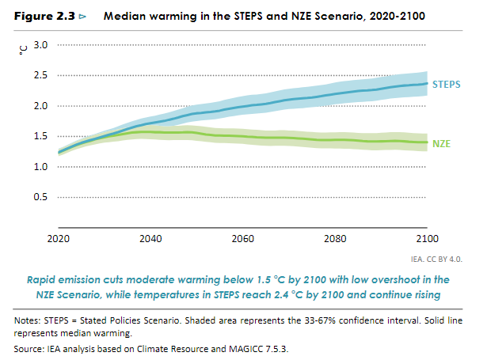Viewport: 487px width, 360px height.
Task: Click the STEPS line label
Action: tap(447, 83)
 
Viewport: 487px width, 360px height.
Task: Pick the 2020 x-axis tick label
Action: tap(58, 237)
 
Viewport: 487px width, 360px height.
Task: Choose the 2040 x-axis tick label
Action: tap(150, 237)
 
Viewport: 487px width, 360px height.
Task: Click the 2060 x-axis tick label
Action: tap(242, 237)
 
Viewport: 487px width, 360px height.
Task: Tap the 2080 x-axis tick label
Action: tap(335, 237)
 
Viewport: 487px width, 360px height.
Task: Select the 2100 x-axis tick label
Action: tap(427, 237)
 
